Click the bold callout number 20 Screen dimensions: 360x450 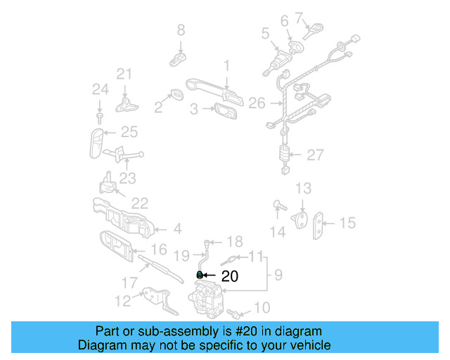pos(230,276)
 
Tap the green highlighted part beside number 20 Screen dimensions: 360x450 pos(199,274)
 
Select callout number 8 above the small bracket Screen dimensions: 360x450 pos(181,30)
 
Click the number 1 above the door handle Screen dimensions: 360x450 pos(226,65)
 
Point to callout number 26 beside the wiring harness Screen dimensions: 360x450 pos(257,103)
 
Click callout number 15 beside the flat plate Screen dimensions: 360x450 pos(347,223)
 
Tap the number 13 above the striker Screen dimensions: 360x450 pos(302,188)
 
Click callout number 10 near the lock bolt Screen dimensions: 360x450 pos(261,307)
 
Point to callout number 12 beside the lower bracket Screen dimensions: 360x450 pos(123,302)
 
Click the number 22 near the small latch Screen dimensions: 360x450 pos(139,203)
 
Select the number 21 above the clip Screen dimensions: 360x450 pos(124,74)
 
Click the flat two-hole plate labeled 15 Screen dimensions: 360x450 pos(321,224)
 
